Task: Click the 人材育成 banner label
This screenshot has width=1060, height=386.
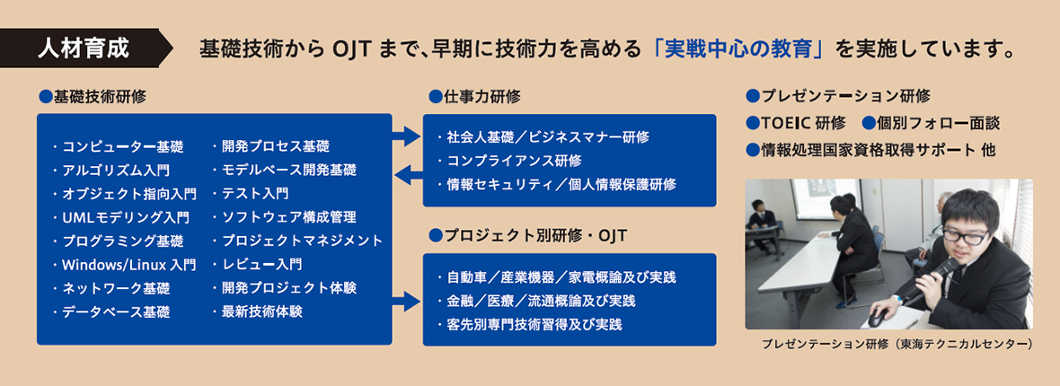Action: (84, 49)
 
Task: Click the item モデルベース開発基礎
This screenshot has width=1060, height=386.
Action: (284, 170)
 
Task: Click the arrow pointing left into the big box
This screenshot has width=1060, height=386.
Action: (408, 177)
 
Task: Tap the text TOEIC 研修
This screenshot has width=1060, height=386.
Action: (796, 123)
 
